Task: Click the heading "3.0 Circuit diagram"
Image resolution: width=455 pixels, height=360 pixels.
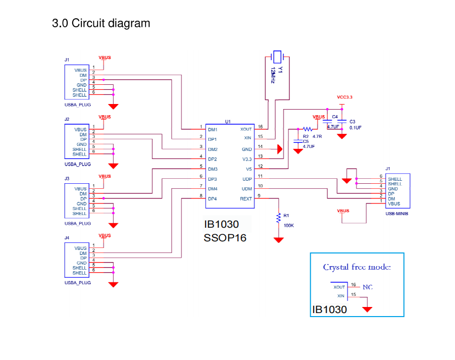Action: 101,23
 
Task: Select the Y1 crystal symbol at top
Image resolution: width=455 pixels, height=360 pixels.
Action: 277,56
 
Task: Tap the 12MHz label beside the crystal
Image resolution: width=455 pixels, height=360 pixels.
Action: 273,75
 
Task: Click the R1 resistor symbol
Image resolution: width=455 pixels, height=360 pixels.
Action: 278,218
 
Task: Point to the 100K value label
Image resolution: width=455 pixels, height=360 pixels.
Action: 288,226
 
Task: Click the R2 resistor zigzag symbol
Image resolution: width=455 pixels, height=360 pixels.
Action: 308,129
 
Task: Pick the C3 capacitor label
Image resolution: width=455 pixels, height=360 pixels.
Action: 352,122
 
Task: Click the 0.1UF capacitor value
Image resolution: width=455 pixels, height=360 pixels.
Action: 355,128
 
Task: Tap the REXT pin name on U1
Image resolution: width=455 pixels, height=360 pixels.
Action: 246,199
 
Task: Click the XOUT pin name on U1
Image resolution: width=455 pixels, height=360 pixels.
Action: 246,130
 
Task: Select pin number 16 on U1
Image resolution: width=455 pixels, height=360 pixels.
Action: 260,127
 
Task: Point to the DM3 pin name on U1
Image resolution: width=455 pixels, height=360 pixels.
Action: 212,169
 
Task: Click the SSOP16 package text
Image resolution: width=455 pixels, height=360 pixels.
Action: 225,237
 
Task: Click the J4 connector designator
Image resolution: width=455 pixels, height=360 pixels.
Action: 67,238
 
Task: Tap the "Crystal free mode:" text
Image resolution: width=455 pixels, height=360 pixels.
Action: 357,267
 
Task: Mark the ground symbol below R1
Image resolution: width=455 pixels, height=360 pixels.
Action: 278,240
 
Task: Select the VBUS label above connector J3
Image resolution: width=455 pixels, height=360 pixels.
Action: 105,176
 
